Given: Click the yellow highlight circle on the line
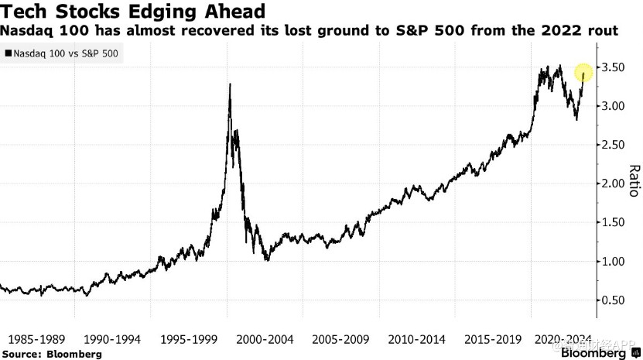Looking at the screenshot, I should pyautogui.click(x=583, y=74).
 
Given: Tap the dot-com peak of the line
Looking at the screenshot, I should pyautogui.click(x=230, y=84).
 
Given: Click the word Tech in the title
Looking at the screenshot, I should pyautogui.click(x=26, y=12).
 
